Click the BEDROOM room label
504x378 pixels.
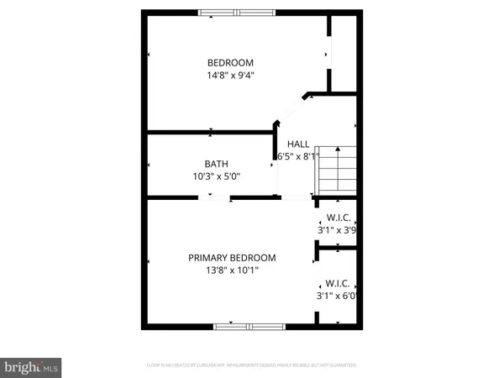point(230,63)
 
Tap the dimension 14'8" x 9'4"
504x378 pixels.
point(230,75)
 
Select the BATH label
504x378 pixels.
point(216,165)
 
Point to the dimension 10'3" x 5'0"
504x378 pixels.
point(216,176)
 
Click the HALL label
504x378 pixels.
point(297,144)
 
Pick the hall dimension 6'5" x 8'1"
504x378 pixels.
point(297,155)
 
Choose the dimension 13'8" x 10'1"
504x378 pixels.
point(232,270)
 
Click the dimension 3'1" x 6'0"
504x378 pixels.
point(336,295)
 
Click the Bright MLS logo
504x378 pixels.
point(31,366)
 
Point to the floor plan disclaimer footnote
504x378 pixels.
point(251,365)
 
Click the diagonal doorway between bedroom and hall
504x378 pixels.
point(291,108)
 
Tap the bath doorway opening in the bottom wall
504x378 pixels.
point(214,198)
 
